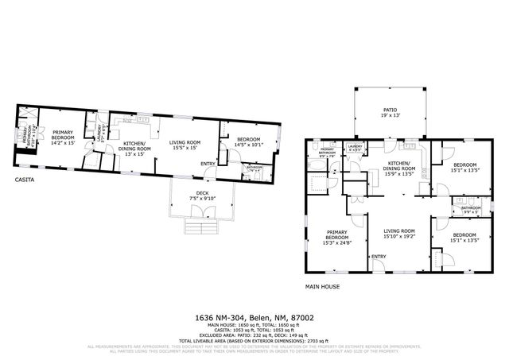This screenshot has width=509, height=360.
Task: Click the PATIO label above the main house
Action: [x=390, y=110]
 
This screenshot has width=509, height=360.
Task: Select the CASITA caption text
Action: [x=25, y=180]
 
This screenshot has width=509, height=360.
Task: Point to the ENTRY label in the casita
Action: [x=208, y=165]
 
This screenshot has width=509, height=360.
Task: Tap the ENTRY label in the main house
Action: [x=378, y=256]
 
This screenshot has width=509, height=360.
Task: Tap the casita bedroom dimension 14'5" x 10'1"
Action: [x=249, y=145]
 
